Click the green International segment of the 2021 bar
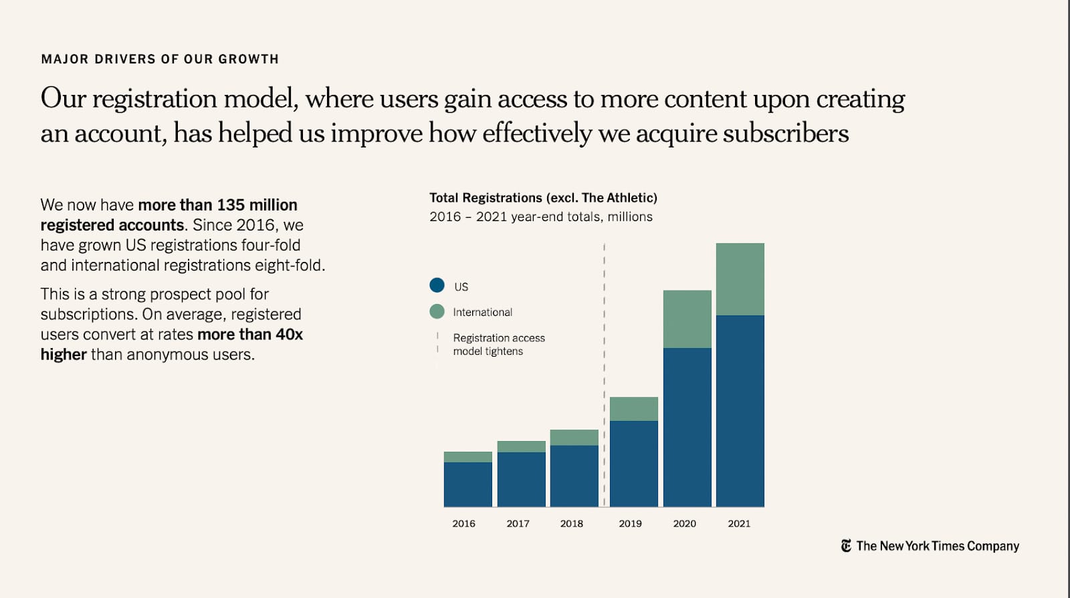tap(740, 279)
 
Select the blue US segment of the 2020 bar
tap(687, 427)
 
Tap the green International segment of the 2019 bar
tap(633, 409)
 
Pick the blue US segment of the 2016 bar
tap(467, 484)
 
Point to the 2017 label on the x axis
tap(518, 524)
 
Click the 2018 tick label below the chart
tap(571, 524)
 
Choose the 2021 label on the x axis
tap(739, 524)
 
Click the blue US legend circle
tap(437, 285)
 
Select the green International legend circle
tap(437, 311)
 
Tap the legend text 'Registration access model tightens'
tap(498, 345)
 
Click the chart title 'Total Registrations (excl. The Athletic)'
tap(543, 198)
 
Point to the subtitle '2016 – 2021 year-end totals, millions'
tap(540, 216)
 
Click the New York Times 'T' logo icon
tap(846, 546)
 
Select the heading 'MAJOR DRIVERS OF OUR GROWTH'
tap(160, 59)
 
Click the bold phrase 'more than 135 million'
tap(217, 205)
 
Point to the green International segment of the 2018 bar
tap(574, 437)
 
